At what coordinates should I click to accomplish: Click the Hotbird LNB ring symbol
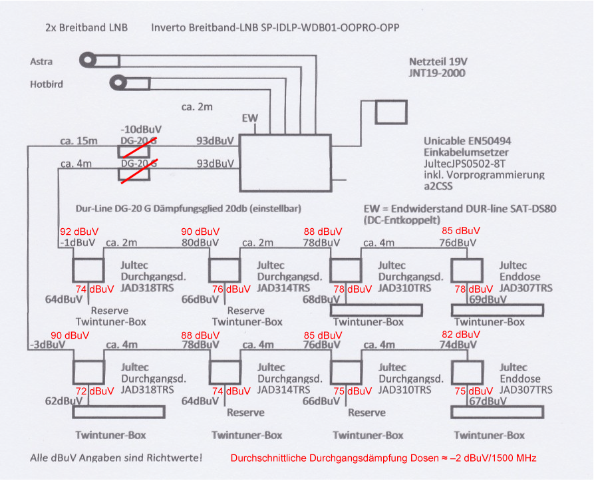tap(119, 83)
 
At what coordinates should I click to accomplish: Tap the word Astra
tap(41, 62)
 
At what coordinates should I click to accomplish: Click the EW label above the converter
tap(250, 118)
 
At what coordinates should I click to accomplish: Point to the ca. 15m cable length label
tap(78, 140)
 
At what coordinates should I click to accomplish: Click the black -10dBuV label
tap(141, 128)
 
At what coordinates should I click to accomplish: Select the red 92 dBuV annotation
tap(79, 232)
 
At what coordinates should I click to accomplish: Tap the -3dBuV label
tap(45, 345)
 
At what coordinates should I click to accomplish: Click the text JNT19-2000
tap(437, 73)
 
